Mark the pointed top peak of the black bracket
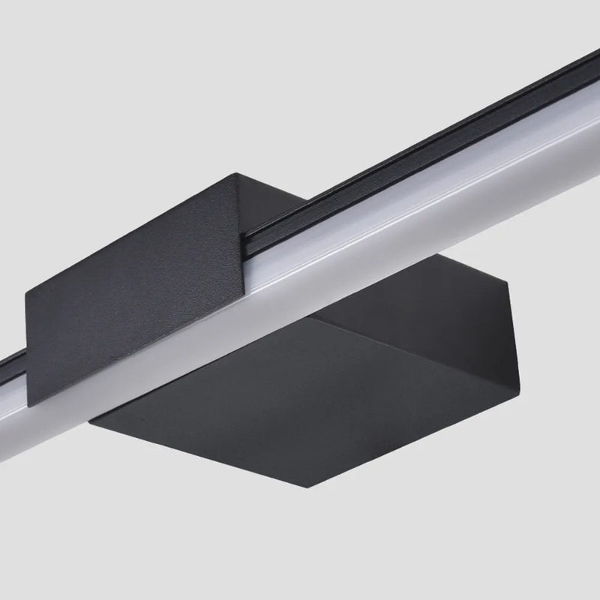coord(237,173)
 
